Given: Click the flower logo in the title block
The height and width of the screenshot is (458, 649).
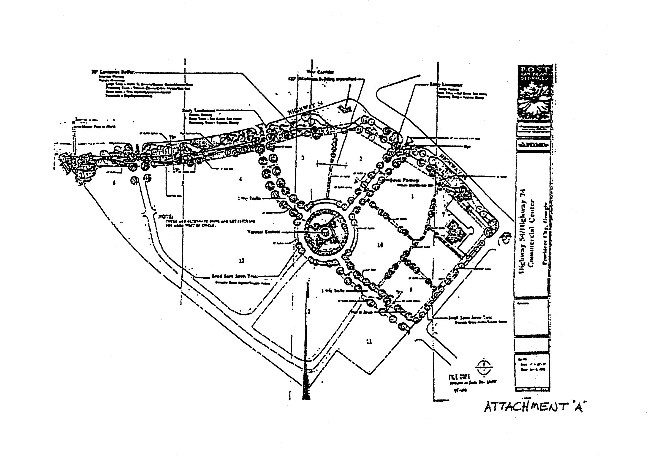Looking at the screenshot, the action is [534, 98].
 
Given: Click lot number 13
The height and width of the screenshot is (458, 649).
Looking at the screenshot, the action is [242, 261].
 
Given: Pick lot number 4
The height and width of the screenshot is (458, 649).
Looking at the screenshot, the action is [241, 179].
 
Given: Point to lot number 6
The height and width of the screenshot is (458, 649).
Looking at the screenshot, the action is [114, 183].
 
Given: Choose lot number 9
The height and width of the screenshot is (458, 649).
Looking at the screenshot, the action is [411, 290].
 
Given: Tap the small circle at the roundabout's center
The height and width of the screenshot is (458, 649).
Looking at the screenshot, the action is [326, 233].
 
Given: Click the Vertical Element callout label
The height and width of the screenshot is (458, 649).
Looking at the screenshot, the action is [263, 232].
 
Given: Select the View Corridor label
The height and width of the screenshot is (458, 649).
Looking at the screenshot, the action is [320, 72].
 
